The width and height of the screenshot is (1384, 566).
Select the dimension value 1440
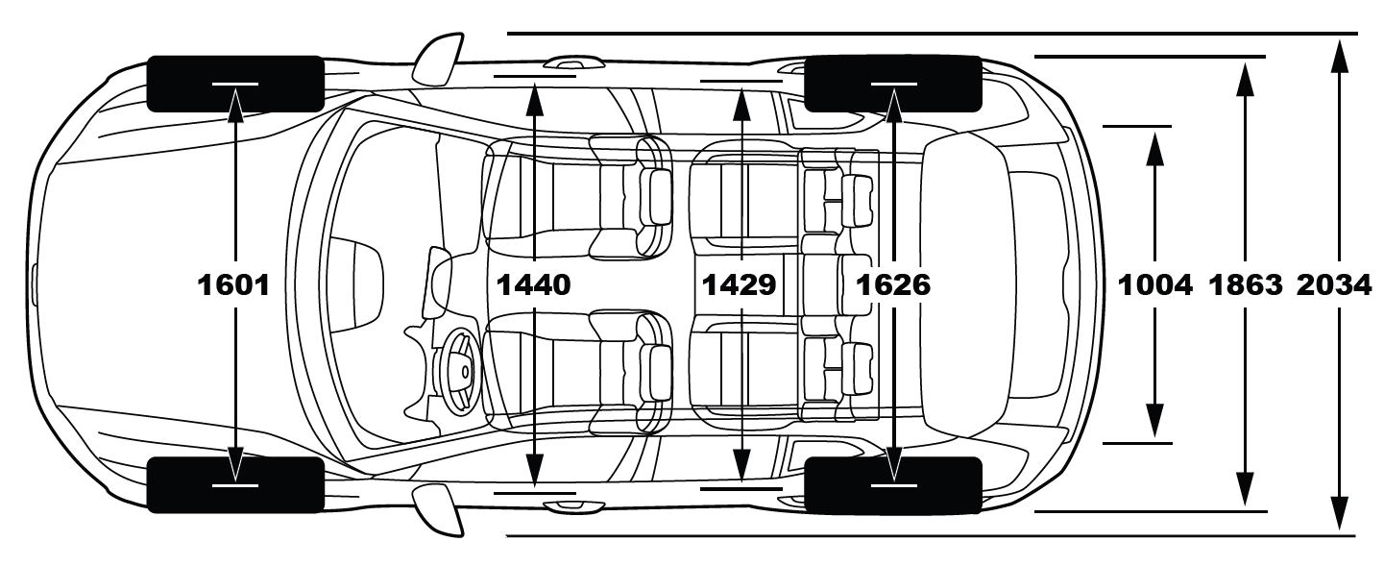pos(534,284)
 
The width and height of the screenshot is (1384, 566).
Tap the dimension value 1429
pos(740,284)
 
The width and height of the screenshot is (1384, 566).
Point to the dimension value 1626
pos(893,284)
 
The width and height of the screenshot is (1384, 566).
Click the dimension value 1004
pos(1154,284)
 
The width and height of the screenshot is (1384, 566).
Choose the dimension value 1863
pos(1246,284)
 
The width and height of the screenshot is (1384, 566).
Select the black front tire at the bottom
pos(235,484)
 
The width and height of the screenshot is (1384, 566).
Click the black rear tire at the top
pos(892,83)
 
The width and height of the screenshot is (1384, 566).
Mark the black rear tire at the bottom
pos(892,485)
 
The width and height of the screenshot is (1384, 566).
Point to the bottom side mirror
pos(437,510)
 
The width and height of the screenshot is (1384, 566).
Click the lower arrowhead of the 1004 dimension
pos(1154,423)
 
